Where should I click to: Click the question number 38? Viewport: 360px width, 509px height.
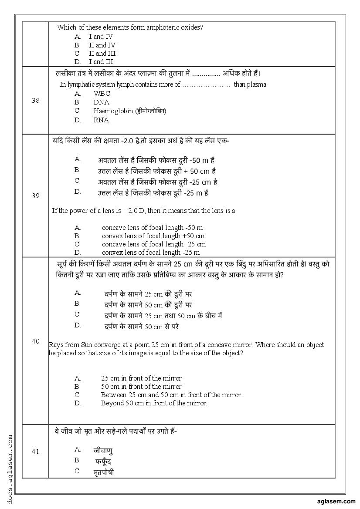coord(36,100)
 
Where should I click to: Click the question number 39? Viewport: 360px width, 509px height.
coord(36,196)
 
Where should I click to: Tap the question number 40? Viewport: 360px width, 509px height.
coord(36,341)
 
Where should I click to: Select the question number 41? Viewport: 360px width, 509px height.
coord(36,451)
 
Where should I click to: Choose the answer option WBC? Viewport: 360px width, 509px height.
coord(102,94)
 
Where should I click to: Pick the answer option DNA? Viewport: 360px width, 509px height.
coord(101,102)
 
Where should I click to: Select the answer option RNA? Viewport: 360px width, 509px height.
coord(101,120)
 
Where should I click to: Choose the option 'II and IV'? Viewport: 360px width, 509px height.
coord(102,45)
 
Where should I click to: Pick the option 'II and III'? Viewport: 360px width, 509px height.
coord(102,54)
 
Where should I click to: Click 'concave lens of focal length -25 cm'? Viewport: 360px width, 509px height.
coord(154,244)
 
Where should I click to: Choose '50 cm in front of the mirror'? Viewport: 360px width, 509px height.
coord(141,387)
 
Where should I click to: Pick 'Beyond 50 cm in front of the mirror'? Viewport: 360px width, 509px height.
coord(153,403)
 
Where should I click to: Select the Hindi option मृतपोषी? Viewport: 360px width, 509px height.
coord(104,472)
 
